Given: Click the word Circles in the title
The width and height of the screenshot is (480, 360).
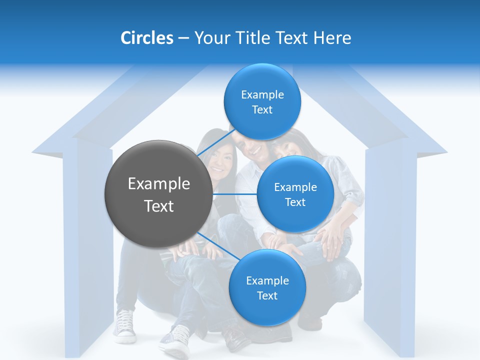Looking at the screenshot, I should point(146,38).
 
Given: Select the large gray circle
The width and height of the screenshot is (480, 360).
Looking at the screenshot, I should point(158,194).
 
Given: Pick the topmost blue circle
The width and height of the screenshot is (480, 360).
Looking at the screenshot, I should point(262,101).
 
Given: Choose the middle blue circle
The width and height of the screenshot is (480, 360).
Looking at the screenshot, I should point(295,194).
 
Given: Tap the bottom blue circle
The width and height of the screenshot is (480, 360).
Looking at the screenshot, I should point(267,287).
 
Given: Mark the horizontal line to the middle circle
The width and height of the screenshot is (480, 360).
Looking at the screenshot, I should point(234,194).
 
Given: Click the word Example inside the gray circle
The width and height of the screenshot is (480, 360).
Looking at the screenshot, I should point(158,184).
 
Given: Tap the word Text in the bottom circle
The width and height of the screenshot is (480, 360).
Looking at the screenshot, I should point(267,295).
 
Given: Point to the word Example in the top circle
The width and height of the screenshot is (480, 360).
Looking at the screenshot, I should point(262,94).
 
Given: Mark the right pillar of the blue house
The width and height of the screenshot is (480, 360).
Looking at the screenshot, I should point(390,250).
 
